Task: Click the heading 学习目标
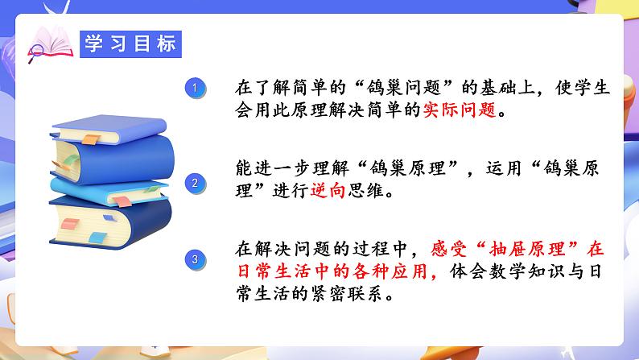[x=130, y=43]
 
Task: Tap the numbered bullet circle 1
[x=193, y=87]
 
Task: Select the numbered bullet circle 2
[x=193, y=183]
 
